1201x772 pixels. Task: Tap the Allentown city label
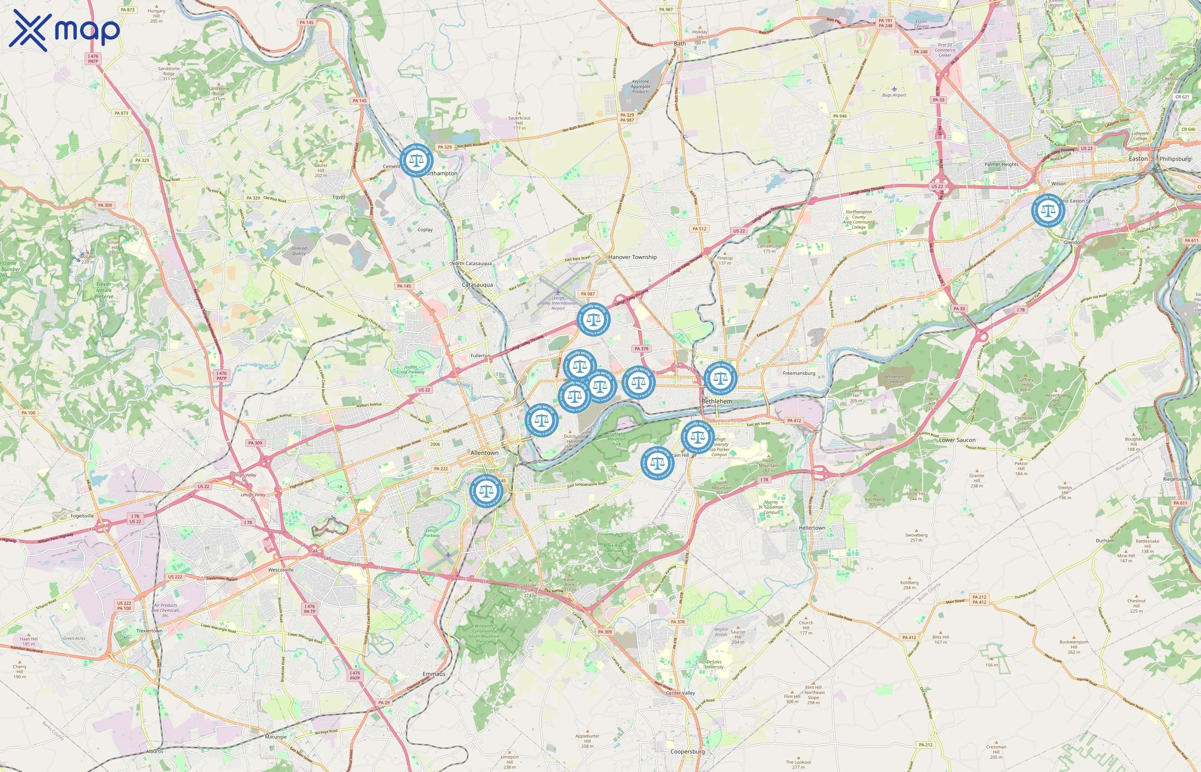484,452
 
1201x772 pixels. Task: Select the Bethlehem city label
717,401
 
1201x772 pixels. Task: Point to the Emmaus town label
434,674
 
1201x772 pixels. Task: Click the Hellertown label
812,528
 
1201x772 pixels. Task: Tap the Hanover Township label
632,257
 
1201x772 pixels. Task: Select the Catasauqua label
477,285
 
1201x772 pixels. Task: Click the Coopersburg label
687,751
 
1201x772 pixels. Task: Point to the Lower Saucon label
957,440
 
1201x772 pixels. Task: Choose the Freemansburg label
799,373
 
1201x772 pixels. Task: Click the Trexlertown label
149,630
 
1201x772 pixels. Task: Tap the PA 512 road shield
699,229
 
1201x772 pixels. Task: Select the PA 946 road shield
839,116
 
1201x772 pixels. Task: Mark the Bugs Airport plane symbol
894,89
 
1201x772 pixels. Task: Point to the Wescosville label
281,570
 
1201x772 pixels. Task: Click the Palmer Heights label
1002,164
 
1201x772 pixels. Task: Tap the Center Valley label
680,693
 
